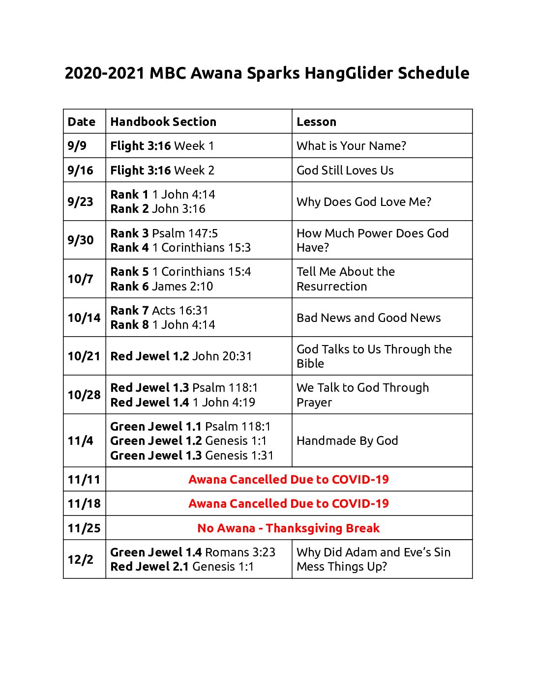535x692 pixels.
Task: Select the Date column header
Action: click(x=82, y=122)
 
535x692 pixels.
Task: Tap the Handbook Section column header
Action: click(x=163, y=122)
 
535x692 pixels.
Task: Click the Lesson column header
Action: click(x=316, y=122)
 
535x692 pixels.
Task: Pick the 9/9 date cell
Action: click(x=77, y=146)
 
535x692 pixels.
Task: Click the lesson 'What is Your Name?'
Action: click(x=351, y=146)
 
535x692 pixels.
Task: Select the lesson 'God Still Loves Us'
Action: click(x=345, y=171)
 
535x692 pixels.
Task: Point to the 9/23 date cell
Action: click(x=80, y=202)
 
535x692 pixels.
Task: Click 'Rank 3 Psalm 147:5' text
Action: click(x=164, y=233)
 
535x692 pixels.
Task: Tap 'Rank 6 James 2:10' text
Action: click(x=161, y=287)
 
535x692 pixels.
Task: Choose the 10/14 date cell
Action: click(x=84, y=318)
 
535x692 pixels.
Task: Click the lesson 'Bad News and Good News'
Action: click(x=368, y=318)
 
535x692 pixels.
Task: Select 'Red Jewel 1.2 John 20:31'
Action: click(x=180, y=356)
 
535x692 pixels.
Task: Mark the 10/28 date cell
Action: click(x=84, y=395)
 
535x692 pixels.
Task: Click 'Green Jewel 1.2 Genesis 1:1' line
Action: click(x=188, y=441)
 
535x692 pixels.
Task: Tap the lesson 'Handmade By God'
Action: click(x=347, y=441)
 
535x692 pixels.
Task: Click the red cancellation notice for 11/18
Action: click(x=288, y=504)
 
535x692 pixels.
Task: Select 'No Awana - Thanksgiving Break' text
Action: click(x=288, y=528)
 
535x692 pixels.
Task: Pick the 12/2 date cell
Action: click(x=80, y=560)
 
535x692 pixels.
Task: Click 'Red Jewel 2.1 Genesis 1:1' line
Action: click(x=182, y=567)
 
